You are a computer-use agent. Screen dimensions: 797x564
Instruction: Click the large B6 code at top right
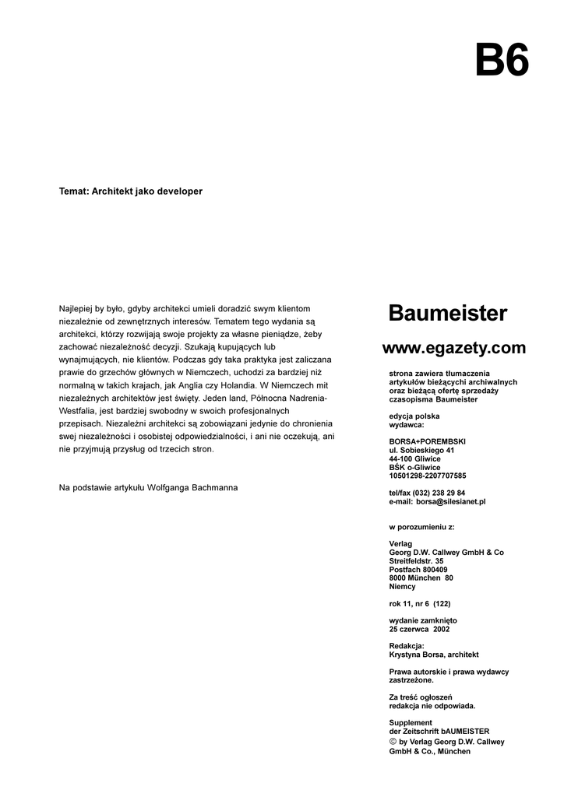point(502,60)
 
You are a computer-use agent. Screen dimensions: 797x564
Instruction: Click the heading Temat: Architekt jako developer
point(131,191)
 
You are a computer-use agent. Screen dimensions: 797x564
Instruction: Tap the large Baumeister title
point(448,314)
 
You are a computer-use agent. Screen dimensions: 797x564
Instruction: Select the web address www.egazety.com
point(453,348)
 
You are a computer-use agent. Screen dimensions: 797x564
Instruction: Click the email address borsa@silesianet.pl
point(451,502)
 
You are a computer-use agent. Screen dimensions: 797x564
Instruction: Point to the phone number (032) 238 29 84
point(439,493)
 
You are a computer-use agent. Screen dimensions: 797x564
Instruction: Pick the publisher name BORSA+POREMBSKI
point(427,441)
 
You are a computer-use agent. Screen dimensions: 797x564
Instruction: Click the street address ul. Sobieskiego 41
point(421,450)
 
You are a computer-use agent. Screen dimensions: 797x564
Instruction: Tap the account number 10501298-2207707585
point(428,476)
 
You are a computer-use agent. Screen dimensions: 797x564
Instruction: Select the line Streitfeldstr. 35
point(417,560)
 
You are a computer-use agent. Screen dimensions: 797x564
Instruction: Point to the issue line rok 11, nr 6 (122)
point(420,603)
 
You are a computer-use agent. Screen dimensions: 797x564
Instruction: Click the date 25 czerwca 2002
point(419,629)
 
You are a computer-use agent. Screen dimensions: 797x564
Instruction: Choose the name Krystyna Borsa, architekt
point(434,655)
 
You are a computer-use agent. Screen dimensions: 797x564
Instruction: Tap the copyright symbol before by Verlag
point(393,742)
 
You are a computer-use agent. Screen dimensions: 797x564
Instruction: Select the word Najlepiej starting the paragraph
point(76,308)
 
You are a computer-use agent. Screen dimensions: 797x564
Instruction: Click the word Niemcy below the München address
point(402,586)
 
